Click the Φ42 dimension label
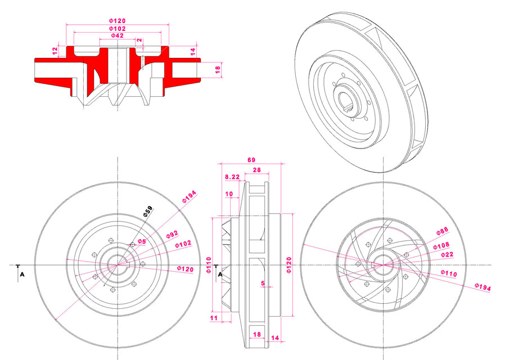[117, 36]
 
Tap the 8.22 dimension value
[232, 177]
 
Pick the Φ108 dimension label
[442, 246]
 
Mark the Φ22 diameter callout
[447, 255]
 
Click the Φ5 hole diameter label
[142, 242]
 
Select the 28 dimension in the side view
[256, 169]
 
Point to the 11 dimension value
[213, 318]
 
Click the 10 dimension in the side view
[229, 194]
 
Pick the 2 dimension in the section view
[139, 40]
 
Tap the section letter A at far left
[22, 274]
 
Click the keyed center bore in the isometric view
[348, 101]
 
